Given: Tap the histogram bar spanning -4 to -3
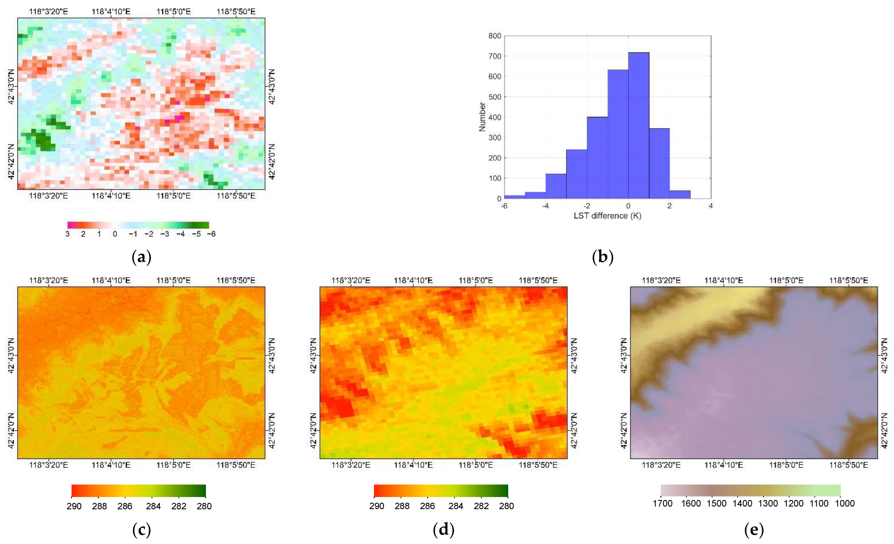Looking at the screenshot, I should coord(556,186).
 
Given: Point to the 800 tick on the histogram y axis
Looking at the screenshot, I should coord(494,36).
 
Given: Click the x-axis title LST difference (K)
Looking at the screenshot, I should coord(607,216).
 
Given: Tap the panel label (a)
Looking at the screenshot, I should coord(141,257).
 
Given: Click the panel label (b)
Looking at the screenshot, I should coord(603,257).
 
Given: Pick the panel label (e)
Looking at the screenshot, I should coord(754,530).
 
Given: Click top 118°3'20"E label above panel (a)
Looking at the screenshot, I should coord(48,11).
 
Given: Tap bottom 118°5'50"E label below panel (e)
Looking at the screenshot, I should coord(849,465).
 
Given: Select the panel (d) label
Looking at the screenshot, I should coord(443,530).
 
